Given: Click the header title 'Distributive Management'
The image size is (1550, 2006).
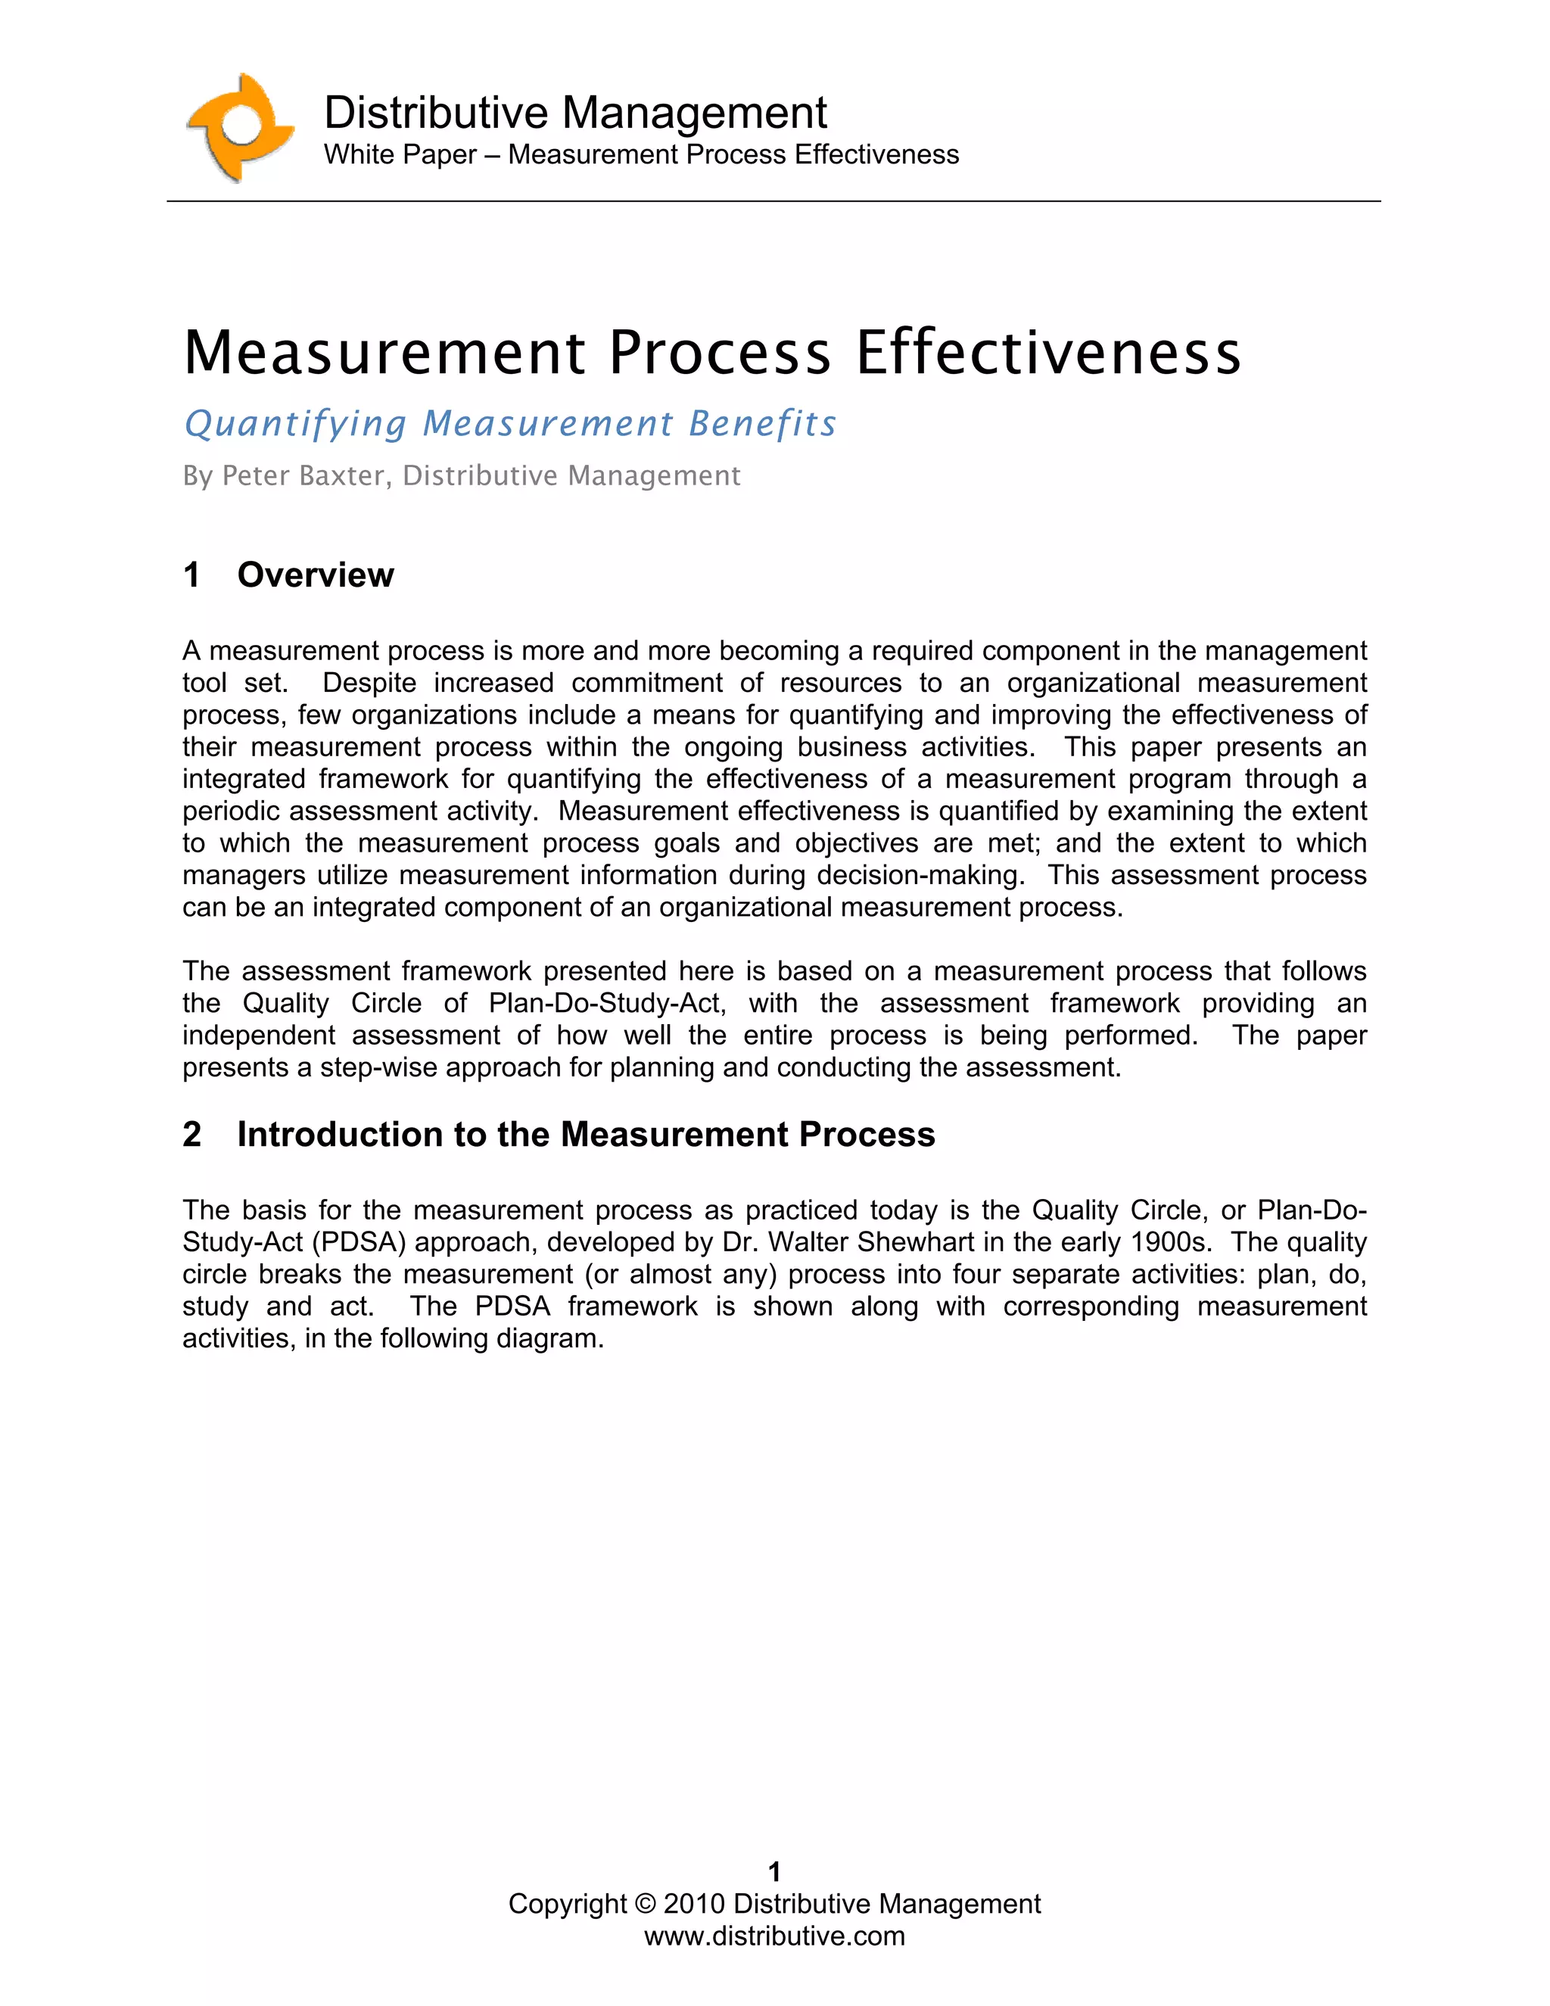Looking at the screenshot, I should point(575,113).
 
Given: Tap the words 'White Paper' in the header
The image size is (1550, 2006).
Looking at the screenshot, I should point(400,154).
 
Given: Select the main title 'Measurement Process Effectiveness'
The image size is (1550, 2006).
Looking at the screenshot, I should point(711,352).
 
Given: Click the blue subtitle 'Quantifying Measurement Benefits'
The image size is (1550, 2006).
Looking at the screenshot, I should point(511,423).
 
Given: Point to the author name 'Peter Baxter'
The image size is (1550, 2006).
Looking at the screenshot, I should point(304,476).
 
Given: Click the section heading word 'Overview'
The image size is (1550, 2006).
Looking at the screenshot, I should point(315,575).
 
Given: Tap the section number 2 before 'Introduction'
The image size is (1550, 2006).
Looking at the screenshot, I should point(192,1135).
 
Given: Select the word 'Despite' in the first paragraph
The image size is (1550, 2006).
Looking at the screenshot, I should point(369,684).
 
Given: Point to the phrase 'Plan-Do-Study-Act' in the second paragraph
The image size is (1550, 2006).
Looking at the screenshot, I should point(606,1003).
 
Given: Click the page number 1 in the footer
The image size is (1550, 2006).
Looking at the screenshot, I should point(774,1872).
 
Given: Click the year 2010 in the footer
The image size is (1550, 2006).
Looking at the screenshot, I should point(694,1904).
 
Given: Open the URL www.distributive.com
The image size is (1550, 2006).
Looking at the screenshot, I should point(774,1936).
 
